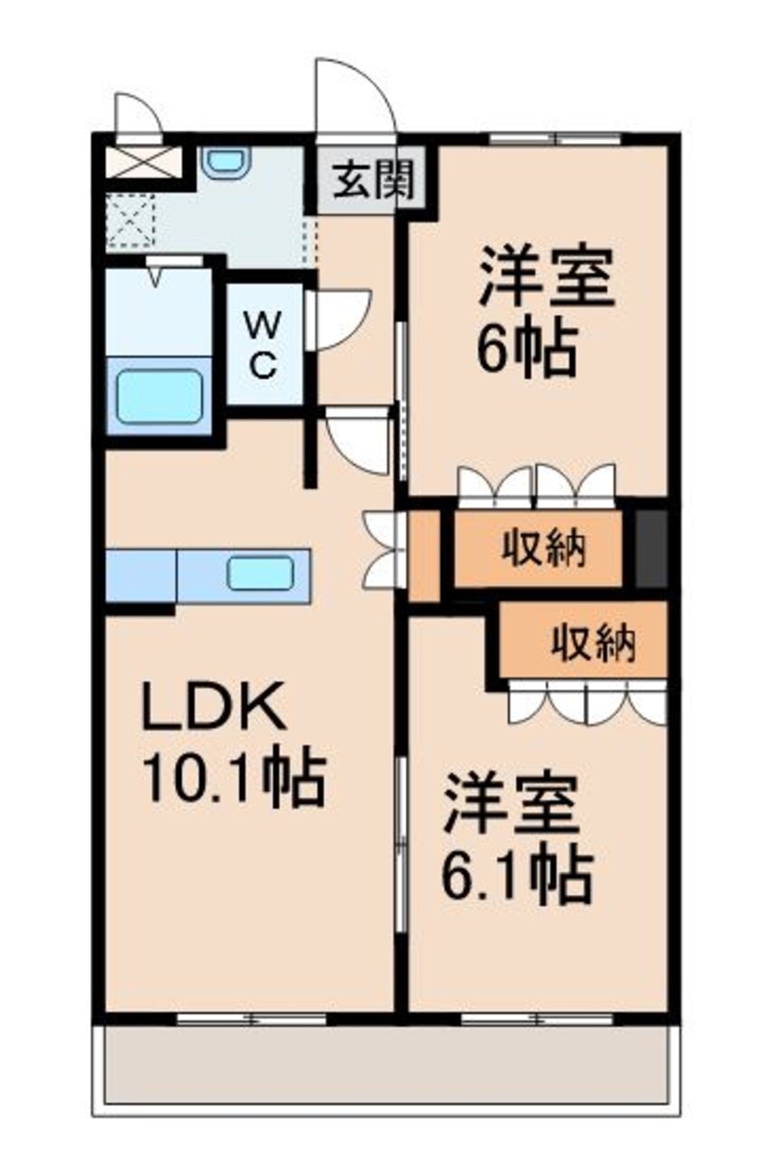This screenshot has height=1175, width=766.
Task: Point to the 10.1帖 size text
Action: click(233, 780)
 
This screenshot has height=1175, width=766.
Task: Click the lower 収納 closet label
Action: click(593, 644)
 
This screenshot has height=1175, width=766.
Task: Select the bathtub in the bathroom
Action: click(158, 396)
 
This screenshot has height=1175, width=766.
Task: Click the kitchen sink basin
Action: click(260, 573)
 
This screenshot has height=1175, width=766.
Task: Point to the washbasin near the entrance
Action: click(224, 163)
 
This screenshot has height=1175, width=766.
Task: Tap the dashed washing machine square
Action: click(130, 220)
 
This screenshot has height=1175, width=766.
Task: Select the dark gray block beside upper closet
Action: click(650, 548)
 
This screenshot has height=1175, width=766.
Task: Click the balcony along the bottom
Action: click(385, 1064)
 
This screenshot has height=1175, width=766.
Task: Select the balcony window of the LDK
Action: click(251, 1019)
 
